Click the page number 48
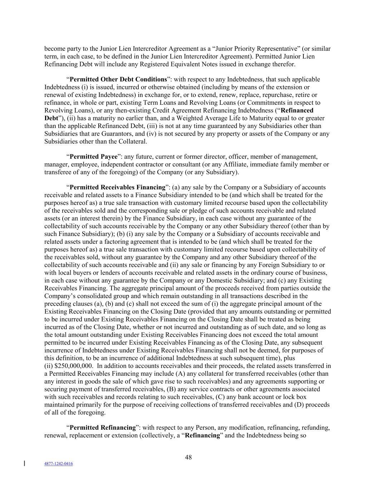point(188,457)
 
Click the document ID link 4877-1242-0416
point(58,464)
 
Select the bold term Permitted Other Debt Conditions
point(118,79)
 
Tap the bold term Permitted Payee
point(94,157)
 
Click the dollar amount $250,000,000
point(71,366)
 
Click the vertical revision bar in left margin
point(24,464)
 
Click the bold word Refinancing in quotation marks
point(202,435)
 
